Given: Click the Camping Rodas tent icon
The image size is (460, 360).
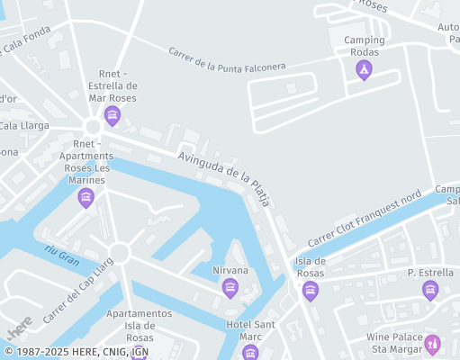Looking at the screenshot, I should point(364,68).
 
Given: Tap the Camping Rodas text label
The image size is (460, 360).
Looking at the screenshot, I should point(364,45).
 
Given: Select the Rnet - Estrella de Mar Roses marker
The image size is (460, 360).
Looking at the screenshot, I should point(112,114).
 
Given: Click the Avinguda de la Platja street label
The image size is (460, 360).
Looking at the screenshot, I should point(224,175).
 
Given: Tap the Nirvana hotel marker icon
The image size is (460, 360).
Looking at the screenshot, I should point(230,288).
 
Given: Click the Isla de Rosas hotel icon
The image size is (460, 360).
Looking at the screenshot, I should point(311,290).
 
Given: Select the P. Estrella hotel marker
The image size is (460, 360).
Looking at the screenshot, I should point(430,290).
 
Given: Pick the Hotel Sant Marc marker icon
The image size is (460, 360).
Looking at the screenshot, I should point(250,352).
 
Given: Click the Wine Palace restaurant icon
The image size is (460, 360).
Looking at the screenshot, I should point(432,343).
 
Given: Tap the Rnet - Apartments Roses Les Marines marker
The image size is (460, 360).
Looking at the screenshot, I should point(86,197).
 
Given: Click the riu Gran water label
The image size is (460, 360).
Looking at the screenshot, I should point(62,254).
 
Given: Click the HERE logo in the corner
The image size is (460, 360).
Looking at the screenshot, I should point(19,326).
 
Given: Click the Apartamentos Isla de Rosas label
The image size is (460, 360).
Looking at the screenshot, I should point(139,324).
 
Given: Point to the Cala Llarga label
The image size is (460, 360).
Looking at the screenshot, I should point(23,126).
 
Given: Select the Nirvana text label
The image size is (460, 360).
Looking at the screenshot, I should point(230,270).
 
